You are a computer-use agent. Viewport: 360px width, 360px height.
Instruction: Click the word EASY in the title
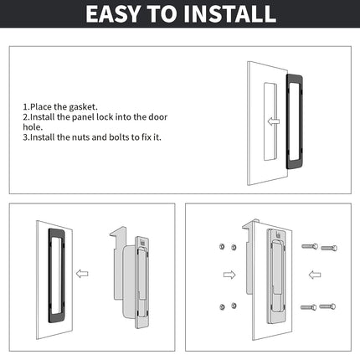tap(113, 14)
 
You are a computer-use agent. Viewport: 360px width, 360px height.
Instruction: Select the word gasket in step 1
tap(83, 107)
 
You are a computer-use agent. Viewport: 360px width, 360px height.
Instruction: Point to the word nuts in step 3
tap(81, 137)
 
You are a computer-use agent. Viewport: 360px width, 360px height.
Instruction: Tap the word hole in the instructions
tap(32, 127)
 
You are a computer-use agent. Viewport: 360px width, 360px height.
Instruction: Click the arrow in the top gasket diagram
tap(274, 121)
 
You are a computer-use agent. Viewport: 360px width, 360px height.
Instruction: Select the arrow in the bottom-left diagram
tap(82, 274)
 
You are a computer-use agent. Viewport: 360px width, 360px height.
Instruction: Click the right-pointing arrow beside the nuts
tap(229, 275)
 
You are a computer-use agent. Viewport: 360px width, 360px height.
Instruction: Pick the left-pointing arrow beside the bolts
tap(315, 275)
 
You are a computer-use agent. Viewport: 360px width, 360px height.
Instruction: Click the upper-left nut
tap(222, 246)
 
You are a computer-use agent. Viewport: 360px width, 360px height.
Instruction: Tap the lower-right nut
tap(234, 306)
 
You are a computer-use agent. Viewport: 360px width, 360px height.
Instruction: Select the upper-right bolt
tap(329, 248)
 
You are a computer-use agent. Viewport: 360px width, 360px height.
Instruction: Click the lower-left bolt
tap(308, 307)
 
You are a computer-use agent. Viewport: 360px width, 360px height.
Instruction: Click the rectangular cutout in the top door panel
tap(270, 121)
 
